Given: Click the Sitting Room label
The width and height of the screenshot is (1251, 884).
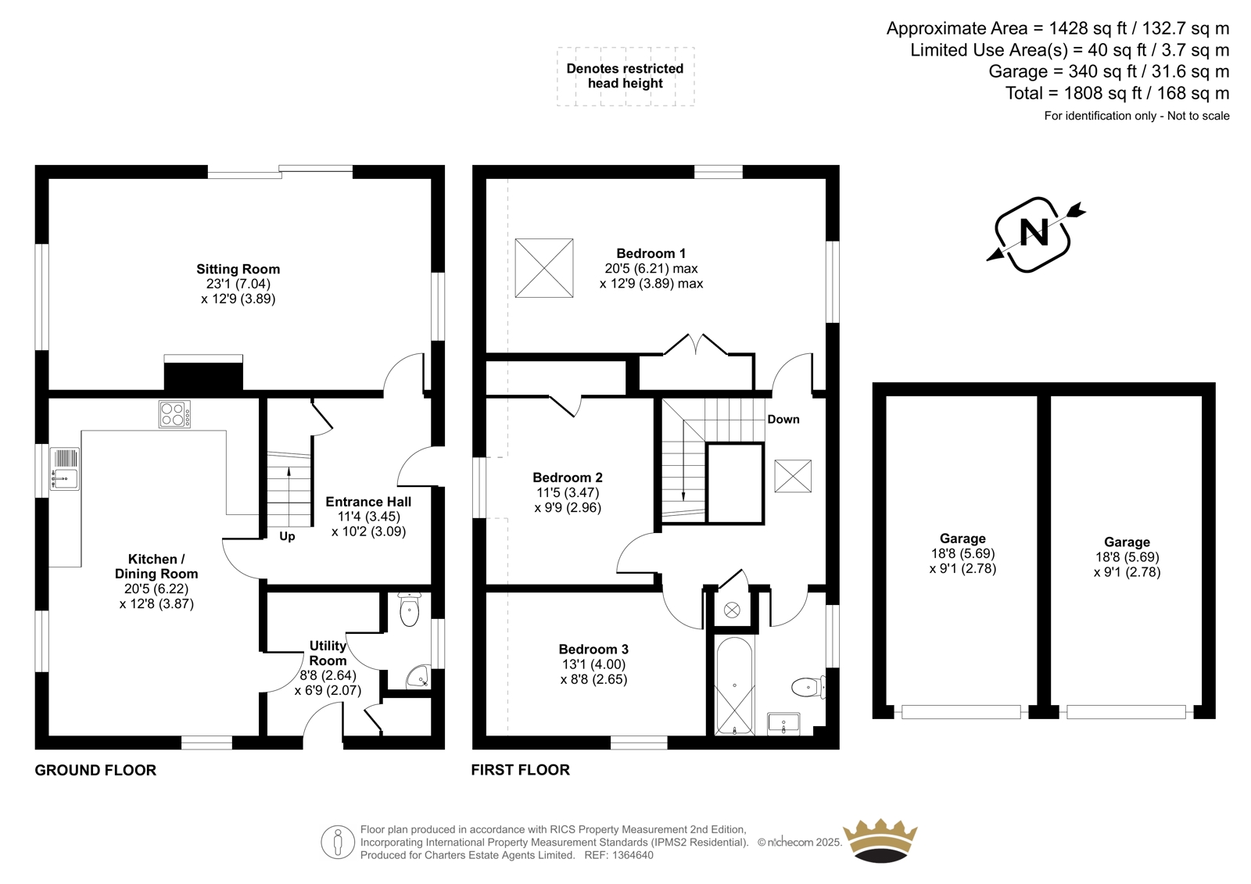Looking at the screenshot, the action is (238, 269).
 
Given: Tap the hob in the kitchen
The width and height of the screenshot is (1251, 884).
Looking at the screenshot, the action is (174, 414).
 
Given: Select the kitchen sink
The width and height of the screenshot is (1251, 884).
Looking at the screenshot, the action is (65, 469).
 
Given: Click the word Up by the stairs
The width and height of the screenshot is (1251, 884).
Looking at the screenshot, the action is (287, 536).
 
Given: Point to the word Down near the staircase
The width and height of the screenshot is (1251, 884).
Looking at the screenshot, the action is (783, 420).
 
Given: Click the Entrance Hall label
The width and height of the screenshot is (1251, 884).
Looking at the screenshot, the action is (368, 502).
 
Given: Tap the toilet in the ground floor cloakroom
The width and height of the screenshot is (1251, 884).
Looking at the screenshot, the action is (410, 610).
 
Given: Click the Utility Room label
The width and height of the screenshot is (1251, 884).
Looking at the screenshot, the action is (328, 653).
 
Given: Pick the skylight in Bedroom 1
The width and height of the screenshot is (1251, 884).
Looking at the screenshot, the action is (544, 268).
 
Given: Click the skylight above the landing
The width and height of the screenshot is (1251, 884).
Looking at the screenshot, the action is (793, 476).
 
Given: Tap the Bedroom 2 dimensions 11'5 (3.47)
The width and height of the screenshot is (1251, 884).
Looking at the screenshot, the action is (568, 492).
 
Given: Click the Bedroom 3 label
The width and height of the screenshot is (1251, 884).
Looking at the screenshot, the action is (593, 649).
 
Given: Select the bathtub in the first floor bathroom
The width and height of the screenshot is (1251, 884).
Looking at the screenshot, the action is (734, 686).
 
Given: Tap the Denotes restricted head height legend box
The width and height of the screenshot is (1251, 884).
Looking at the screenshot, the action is (625, 77).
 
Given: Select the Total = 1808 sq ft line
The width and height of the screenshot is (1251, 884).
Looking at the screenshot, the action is (1117, 93).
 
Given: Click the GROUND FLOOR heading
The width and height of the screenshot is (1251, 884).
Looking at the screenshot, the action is (95, 770).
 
